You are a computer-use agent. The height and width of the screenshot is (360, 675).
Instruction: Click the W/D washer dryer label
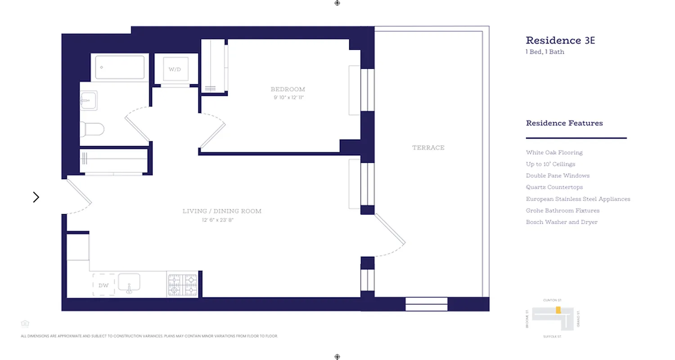pos(175,69)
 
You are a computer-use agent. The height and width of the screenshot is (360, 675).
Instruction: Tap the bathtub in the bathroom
pos(120,67)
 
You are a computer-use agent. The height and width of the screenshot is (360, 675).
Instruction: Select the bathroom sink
pos(88,100)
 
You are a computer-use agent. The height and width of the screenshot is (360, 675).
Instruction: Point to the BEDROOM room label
pos(288,89)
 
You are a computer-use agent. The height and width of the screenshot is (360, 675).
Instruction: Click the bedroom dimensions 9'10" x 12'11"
pos(288,97)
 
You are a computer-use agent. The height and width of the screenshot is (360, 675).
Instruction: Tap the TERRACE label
pos(428,148)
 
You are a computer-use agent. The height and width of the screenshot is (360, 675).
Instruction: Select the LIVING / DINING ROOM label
pos(222,211)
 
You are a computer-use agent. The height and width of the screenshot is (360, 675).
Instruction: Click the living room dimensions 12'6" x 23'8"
pos(217,220)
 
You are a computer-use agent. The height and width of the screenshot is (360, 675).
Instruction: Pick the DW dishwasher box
pos(103,285)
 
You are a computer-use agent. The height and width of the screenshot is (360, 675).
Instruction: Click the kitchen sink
pos(129,283)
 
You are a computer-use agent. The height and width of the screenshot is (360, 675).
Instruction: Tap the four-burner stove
pos(183,285)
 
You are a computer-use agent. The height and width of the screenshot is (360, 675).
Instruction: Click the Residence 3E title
pos(560,40)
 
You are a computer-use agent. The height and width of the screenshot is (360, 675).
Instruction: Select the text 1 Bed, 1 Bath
pos(545,52)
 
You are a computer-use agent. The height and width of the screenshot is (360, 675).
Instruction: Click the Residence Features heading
pos(564,123)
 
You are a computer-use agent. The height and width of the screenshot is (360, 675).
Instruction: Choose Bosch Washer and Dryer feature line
pos(562,222)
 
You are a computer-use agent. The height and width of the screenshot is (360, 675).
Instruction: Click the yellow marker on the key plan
pos(558,310)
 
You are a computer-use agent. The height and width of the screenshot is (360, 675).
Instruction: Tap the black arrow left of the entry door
pos(36,197)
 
